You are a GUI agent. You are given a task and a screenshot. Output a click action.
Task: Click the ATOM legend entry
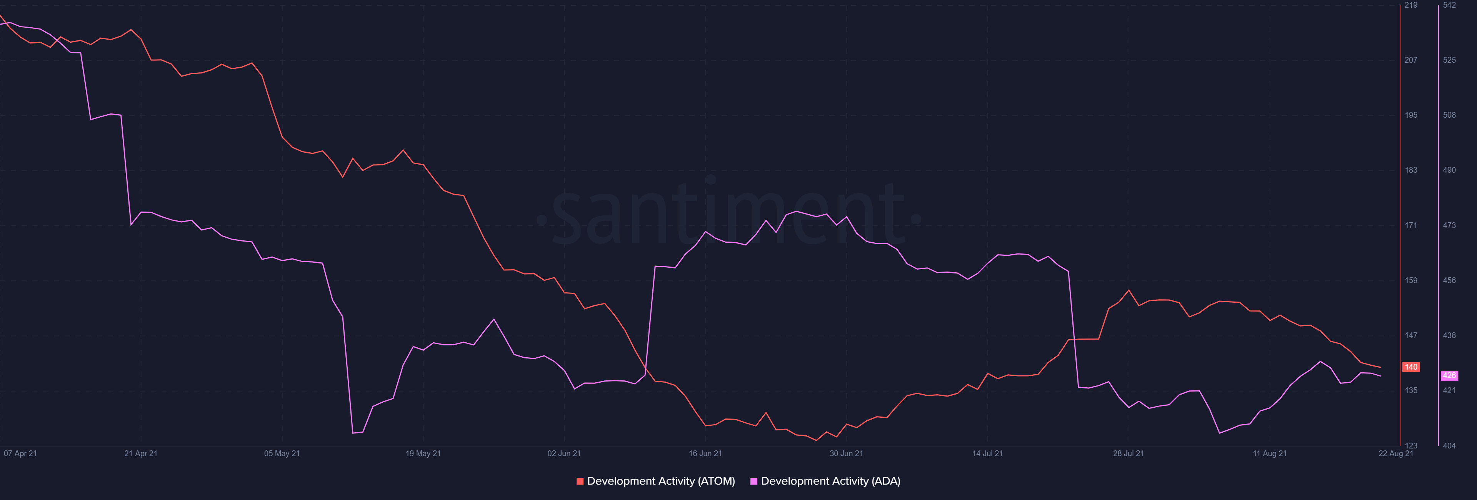point(660,481)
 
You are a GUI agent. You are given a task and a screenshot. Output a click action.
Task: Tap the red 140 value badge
point(1410,367)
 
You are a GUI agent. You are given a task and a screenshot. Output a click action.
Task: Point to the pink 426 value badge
point(1449,375)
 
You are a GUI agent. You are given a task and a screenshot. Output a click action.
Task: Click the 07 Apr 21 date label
point(20,453)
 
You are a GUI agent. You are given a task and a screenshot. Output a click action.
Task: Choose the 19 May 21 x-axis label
point(423,453)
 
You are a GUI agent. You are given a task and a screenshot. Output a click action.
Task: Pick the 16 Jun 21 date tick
point(705,453)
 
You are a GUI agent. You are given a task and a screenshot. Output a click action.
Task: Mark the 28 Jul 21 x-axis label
point(1129,453)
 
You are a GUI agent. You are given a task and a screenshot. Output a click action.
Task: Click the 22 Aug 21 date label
point(1395,453)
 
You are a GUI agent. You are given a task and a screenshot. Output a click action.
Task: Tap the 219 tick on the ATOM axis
point(1410,5)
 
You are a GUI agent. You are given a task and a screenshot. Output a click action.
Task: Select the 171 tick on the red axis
point(1410,225)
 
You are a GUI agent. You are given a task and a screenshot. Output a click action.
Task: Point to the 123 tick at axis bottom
point(1410,445)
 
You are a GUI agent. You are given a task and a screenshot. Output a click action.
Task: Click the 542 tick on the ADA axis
point(1449,5)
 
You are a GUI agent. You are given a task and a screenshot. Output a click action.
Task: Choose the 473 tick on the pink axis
point(1449,225)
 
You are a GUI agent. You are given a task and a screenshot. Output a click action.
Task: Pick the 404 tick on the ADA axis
point(1449,445)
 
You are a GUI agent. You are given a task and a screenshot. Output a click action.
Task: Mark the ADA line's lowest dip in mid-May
point(353,433)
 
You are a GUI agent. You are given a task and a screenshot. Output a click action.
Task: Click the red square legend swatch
point(580,481)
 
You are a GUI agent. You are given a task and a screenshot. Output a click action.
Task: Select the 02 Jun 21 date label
point(564,453)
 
